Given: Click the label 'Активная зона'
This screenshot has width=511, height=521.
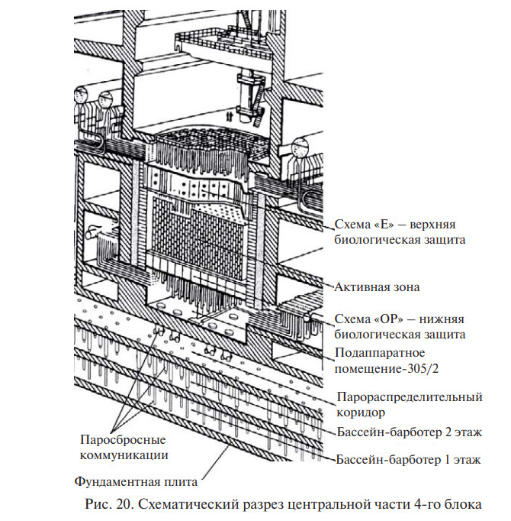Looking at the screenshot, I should (x=378, y=287).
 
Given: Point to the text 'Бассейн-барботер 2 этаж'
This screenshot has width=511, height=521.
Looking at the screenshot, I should (x=409, y=432).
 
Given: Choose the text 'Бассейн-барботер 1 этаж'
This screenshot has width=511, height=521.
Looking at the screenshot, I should (x=409, y=460).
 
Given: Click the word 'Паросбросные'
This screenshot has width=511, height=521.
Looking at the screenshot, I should (x=124, y=441).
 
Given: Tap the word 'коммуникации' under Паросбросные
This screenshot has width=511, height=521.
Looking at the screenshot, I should (x=124, y=455).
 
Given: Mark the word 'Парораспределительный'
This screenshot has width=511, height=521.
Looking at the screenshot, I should (x=410, y=397).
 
